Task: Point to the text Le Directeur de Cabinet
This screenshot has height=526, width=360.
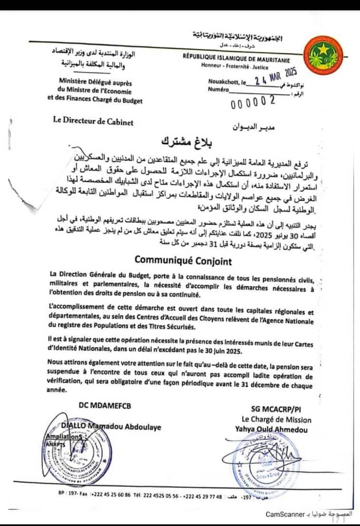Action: [x=93, y=122]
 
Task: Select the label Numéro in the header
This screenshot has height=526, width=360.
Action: [x=219, y=90]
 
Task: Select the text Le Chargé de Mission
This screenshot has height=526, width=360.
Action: [x=276, y=419]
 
